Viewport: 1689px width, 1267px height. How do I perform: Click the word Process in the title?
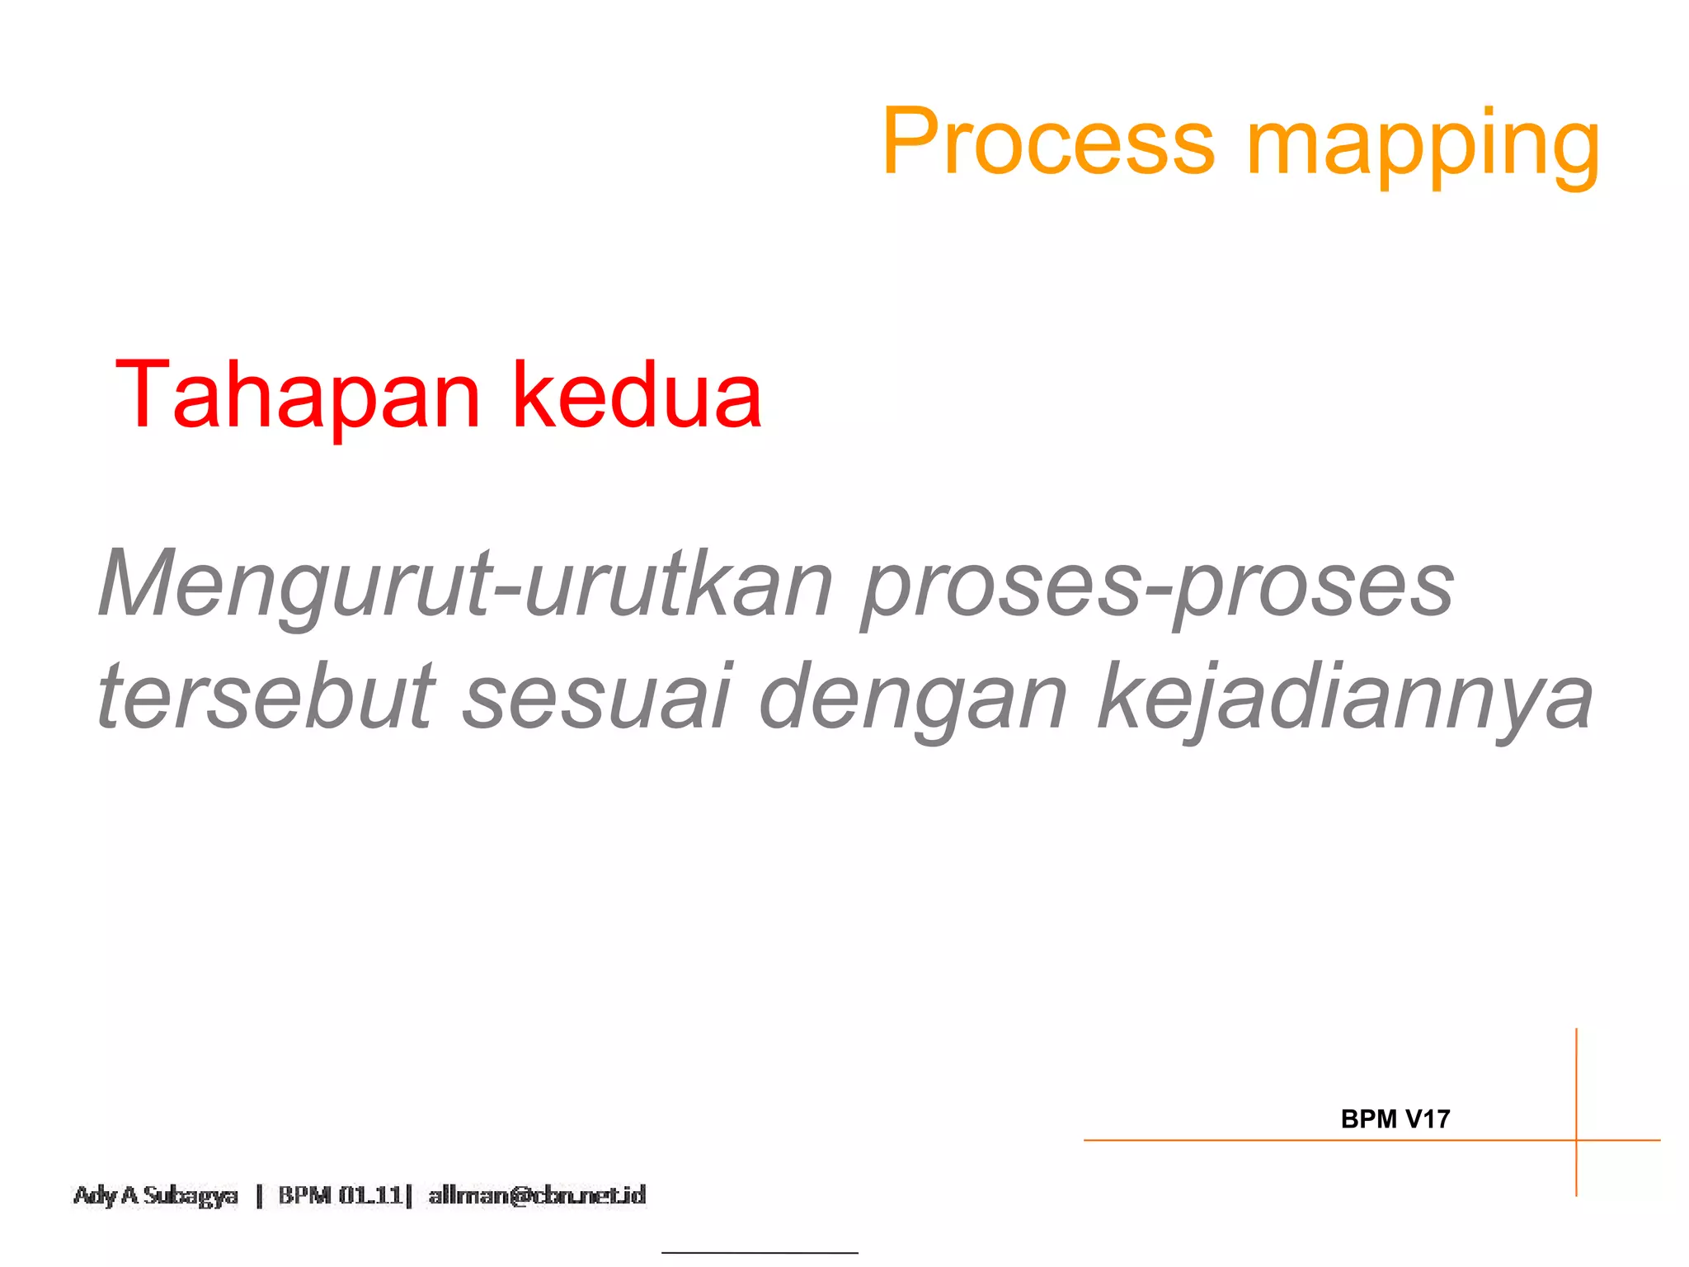click(x=1047, y=142)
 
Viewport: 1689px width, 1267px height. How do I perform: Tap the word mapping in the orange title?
click(x=1423, y=147)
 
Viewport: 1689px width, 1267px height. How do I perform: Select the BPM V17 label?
click(x=1395, y=1119)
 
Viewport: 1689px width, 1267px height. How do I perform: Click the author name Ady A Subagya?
click(x=155, y=1195)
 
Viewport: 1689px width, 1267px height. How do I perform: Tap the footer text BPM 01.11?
click(x=340, y=1195)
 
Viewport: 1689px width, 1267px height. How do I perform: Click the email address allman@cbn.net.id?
click(x=537, y=1195)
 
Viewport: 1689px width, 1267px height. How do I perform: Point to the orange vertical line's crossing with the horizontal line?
click(x=1576, y=1141)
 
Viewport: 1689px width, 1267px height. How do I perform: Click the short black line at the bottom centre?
click(x=760, y=1253)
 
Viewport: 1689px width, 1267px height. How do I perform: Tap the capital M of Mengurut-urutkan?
click(x=136, y=584)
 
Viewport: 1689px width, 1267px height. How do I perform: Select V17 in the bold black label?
click(x=1428, y=1119)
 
